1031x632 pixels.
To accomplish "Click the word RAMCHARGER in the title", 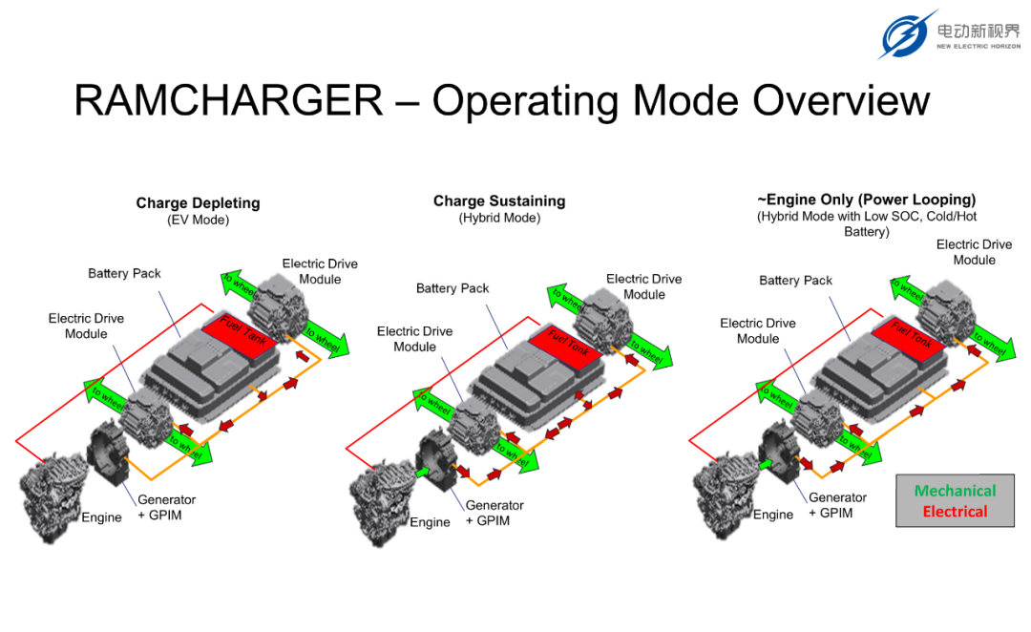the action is [228, 100].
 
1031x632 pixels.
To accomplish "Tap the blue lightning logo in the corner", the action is [907, 33].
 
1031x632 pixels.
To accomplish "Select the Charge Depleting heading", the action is [198, 202].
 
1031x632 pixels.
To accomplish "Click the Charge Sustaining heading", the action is [499, 200].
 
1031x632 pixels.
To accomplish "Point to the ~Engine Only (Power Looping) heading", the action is [867, 200].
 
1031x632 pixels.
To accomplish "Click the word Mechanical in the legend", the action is [955, 491].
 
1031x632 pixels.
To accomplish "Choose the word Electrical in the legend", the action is [955, 511].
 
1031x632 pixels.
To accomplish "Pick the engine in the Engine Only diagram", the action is [726, 495].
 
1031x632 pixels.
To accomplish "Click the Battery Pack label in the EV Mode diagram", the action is [124, 273].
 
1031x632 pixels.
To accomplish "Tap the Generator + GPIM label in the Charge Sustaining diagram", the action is [494, 513].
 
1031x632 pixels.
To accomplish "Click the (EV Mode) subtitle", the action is [198, 220].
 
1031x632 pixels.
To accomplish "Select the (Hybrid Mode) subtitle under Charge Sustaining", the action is [499, 218].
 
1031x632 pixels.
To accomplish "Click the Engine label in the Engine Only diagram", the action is [773, 515].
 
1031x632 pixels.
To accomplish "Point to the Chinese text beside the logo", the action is [978, 31].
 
